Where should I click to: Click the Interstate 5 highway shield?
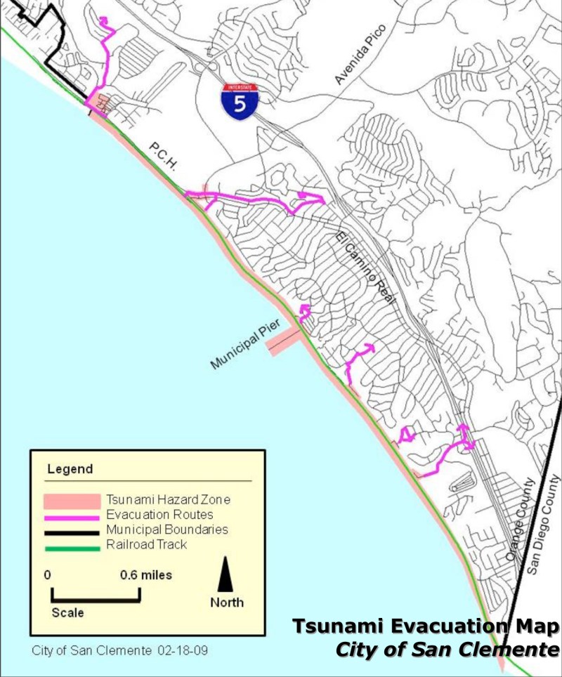point(240,101)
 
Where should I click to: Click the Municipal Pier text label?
point(245,343)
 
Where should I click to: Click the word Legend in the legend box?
point(70,469)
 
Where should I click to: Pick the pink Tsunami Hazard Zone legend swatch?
point(72,501)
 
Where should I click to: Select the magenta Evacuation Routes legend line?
point(72,516)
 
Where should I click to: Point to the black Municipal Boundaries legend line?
point(72,530)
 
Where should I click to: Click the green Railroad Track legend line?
point(72,544)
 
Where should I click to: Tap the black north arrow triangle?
point(226,574)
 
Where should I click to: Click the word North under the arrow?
point(227,603)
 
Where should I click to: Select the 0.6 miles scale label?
point(145,575)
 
